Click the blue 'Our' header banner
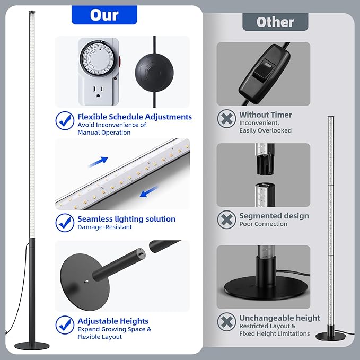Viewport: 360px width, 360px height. (x=104, y=15)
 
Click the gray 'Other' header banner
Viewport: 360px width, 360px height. (x=275, y=22)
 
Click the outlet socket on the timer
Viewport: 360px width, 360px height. (x=98, y=92)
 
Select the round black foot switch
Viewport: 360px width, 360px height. (x=154, y=73)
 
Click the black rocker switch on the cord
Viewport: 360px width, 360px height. (x=265, y=74)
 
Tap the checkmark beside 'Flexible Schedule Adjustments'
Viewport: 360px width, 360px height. (x=65, y=120)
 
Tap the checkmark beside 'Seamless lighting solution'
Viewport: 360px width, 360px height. (x=65, y=223)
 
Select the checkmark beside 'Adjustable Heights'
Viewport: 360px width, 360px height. (x=65, y=325)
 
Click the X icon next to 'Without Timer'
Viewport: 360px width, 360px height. (x=226, y=119)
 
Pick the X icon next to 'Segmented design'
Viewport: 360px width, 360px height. (x=226, y=219)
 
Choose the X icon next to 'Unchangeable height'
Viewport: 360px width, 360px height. (x=226, y=322)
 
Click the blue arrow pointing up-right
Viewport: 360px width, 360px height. (x=98, y=162)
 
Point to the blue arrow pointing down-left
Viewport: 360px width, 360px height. (x=149, y=192)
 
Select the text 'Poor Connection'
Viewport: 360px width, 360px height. (x=263, y=224)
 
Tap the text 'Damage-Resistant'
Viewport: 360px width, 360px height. (x=104, y=227)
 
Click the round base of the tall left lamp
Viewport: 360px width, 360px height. (x=32, y=346)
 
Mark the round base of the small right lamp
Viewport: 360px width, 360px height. (x=331, y=337)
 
